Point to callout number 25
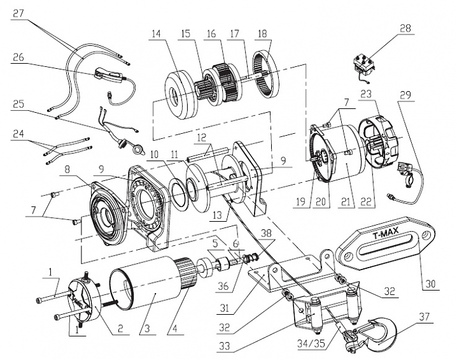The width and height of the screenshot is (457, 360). point(18,103)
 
